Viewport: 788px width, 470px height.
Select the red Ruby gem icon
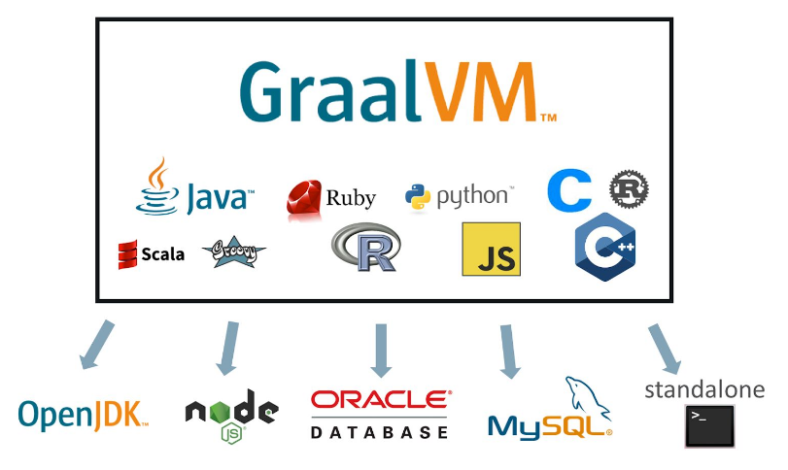coord(303,197)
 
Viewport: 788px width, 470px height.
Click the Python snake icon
coord(418,196)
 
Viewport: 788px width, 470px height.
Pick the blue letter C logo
coord(569,191)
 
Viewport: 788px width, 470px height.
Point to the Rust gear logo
coord(629,187)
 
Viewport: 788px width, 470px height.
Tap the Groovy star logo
coord(233,252)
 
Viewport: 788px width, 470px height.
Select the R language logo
coord(364,248)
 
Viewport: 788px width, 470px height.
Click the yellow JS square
coord(491,250)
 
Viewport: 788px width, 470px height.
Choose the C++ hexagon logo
coord(604,250)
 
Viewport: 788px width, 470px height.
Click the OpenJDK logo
coord(84,415)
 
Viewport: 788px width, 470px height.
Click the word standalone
coord(704,390)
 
